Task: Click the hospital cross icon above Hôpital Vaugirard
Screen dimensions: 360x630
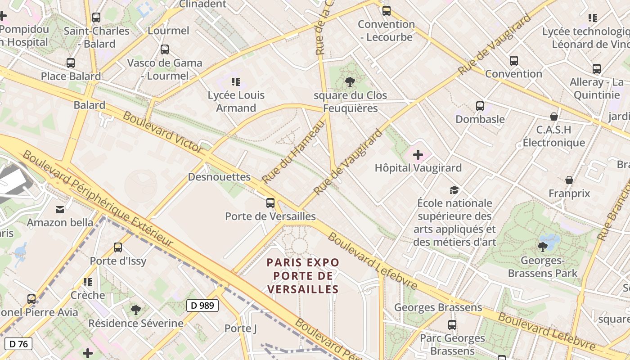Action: [x=418, y=155]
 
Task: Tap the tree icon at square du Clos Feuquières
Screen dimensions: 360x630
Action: [x=350, y=81]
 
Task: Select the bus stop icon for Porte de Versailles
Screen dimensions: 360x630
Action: [x=270, y=202]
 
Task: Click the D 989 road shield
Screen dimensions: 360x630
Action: [x=202, y=306]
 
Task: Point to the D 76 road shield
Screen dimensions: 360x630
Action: [x=18, y=344]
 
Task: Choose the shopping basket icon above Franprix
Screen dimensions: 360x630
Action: [x=569, y=180]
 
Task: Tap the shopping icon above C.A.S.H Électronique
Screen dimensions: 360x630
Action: [x=554, y=117]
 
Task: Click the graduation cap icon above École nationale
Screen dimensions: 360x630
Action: [x=454, y=190]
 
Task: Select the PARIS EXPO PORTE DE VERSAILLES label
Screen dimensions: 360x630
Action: [x=303, y=275]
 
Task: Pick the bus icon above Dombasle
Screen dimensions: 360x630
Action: [x=480, y=106]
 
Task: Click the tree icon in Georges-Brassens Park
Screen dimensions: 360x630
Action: [x=543, y=247]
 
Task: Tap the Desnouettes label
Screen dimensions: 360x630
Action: [x=219, y=177]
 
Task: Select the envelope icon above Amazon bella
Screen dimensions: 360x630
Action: [x=60, y=209]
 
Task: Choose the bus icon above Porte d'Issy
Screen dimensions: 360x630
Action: [x=118, y=247]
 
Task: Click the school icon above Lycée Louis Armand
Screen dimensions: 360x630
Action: [x=236, y=82]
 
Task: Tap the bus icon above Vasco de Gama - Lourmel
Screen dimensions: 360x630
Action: [x=165, y=49]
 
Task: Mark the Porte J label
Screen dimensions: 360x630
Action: [x=241, y=328]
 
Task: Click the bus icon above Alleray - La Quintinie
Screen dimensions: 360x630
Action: [x=597, y=69]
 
